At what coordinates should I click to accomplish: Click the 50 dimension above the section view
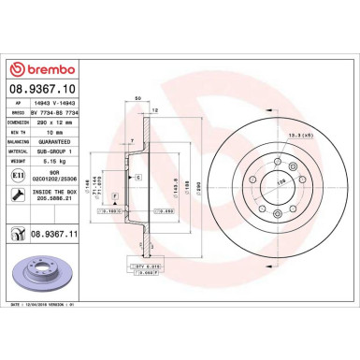(x=137, y=97)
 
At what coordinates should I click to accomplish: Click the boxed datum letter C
(x=137, y=178)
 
